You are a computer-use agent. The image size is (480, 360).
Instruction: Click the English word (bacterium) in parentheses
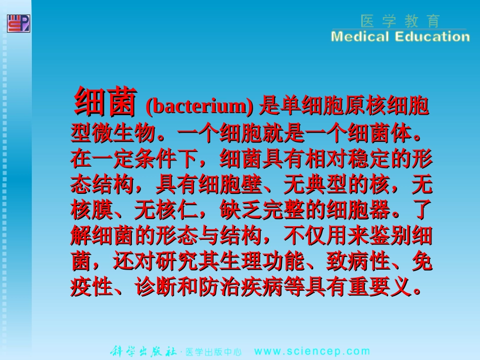point(199,107)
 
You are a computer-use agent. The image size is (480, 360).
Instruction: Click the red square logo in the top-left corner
point(18,23)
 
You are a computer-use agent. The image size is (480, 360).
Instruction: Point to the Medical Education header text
point(400,37)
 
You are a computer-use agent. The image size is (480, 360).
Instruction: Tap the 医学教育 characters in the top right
point(401,21)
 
